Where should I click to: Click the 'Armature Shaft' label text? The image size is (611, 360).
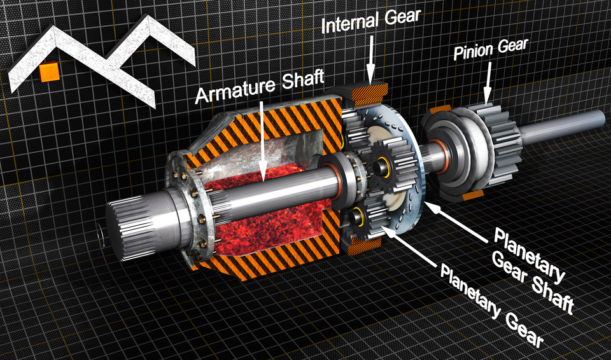[x=259, y=93]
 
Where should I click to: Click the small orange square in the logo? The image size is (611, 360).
[x=49, y=72]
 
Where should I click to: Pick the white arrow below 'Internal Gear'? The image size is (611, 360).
[x=371, y=64]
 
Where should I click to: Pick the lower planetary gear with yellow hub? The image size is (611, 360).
[x=363, y=216]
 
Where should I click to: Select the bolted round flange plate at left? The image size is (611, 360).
[x=191, y=204]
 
